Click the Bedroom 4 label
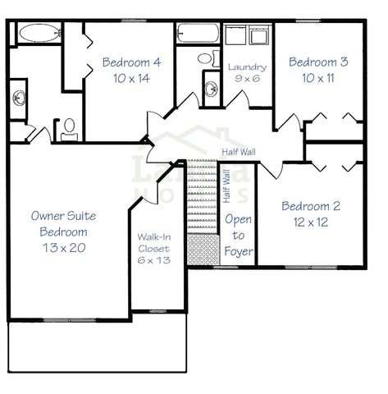pyautogui.click(x=131, y=62)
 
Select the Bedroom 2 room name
pyautogui.click(x=311, y=206)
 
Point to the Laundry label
pyautogui.click(x=247, y=66)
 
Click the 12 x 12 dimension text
pyautogui.click(x=311, y=222)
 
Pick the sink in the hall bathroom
pyautogui.click(x=210, y=85)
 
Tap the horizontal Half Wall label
pyautogui.click(x=239, y=152)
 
